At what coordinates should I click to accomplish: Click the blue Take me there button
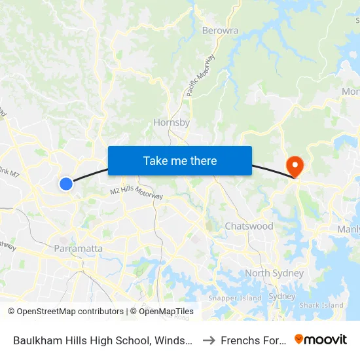point(180,160)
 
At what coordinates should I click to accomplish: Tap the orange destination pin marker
point(295,166)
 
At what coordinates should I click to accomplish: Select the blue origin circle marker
point(66,184)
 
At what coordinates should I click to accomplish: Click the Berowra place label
point(220,31)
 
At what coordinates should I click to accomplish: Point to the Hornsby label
point(171,122)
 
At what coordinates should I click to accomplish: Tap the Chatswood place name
point(249,226)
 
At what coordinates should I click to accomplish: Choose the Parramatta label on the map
point(79,248)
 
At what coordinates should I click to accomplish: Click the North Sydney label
point(274,273)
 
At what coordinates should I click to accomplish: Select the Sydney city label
point(282,296)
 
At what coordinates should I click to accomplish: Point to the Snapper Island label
point(234,298)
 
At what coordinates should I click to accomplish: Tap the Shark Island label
point(321,305)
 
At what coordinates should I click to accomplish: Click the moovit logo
point(321,339)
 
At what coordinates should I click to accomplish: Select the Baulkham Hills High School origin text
point(101,340)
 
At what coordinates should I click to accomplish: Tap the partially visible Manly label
point(348,229)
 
